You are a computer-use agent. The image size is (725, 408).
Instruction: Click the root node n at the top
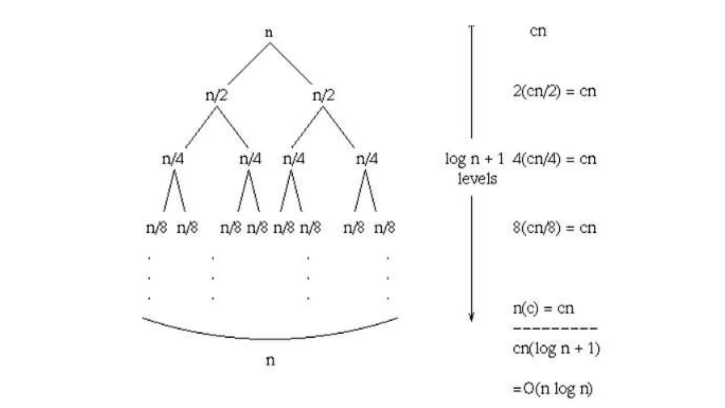(x=269, y=33)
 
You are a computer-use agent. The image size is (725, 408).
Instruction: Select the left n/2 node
(x=216, y=95)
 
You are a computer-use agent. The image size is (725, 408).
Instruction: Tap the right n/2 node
(x=323, y=95)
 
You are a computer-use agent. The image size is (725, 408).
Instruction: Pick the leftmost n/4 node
(x=173, y=159)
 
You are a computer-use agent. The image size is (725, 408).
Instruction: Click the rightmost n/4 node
(x=367, y=159)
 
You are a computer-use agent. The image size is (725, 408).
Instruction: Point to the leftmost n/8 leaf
(x=156, y=227)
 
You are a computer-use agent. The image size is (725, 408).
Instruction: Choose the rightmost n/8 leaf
(x=384, y=227)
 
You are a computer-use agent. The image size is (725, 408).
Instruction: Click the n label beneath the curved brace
(x=270, y=361)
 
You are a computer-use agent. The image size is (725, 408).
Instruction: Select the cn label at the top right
(x=538, y=31)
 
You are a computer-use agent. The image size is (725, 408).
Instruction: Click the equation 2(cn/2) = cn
(x=555, y=91)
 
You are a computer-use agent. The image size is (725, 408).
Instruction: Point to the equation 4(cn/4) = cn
(x=555, y=159)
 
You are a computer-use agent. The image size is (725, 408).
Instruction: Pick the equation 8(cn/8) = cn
(x=555, y=227)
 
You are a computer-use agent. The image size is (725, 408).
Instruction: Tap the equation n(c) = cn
(x=543, y=308)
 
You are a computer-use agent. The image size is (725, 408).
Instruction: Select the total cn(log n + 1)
(x=556, y=349)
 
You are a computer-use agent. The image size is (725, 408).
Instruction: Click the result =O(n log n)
(x=553, y=389)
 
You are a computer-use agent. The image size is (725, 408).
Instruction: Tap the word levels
(x=477, y=179)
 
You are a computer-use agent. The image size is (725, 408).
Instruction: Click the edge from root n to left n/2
(x=249, y=64)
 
